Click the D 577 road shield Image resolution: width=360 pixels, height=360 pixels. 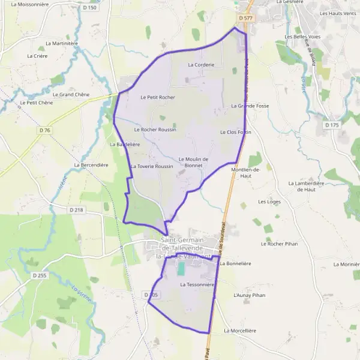245,19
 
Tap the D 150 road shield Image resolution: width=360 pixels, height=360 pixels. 89,8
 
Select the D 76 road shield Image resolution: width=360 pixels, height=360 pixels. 44,130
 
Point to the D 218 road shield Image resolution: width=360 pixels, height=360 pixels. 76,209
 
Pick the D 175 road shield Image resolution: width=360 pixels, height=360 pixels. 331,125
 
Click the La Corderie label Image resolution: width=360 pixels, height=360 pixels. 201,64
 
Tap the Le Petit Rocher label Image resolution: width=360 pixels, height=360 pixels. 157,97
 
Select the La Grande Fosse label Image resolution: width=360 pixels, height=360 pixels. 250,106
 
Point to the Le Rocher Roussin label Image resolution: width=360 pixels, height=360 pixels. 155,129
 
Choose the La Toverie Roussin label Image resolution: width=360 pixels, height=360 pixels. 151,166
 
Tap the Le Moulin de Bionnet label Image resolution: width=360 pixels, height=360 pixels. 193,162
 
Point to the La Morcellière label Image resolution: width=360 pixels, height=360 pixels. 240,331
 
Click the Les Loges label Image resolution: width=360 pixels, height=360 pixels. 269,202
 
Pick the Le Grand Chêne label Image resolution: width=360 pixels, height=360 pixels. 71,94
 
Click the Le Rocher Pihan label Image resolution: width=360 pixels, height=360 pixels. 280,244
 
